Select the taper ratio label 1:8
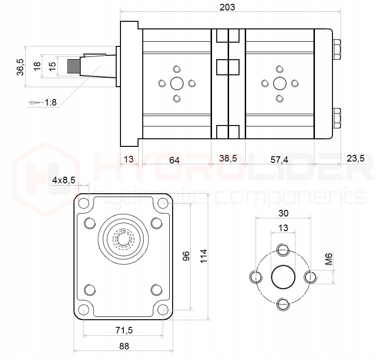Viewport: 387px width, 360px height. [x=51, y=102]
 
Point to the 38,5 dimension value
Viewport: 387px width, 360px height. [x=228, y=159]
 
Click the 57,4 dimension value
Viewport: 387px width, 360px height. [x=279, y=160]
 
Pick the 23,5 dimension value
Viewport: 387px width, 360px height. [x=355, y=159]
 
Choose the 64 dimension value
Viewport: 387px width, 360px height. [x=175, y=160]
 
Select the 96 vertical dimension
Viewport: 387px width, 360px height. [x=186, y=256]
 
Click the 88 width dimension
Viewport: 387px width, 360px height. [x=124, y=346]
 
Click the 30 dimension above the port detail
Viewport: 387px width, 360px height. [x=283, y=213]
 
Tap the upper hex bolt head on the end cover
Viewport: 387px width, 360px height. [x=337, y=49]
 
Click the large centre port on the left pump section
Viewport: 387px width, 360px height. [x=177, y=84]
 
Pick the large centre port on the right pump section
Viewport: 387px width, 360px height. [x=280, y=84]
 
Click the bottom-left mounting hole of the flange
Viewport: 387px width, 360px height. [x=84, y=310]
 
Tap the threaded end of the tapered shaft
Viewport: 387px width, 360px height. [x=74, y=67]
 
